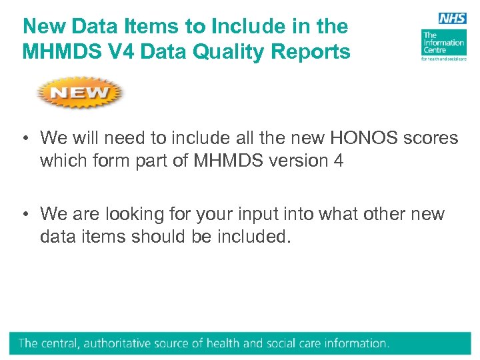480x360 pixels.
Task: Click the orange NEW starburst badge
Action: pyautogui.click(x=80, y=93)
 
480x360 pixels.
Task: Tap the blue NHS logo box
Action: pyautogui.click(x=452, y=19)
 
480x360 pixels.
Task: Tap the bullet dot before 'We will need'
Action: pyautogui.click(x=24, y=139)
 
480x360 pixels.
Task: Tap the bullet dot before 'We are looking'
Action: pyautogui.click(x=24, y=215)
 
